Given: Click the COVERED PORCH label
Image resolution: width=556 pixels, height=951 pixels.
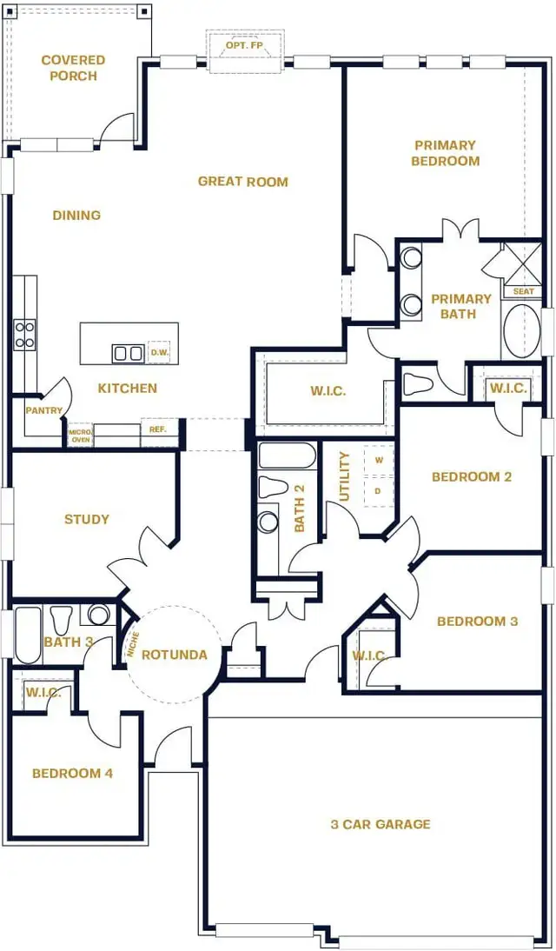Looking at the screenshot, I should [73, 68].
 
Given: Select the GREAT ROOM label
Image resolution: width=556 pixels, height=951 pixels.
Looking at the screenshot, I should [242, 182].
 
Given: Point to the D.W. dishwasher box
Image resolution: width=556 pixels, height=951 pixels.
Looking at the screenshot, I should [159, 352].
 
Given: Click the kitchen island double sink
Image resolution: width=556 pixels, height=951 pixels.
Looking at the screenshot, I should [129, 353].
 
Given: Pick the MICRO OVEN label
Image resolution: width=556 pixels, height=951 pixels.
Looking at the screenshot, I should [80, 435].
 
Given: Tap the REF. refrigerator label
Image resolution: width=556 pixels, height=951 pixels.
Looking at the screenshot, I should [157, 429].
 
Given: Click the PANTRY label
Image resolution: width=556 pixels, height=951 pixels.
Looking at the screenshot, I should [43, 410].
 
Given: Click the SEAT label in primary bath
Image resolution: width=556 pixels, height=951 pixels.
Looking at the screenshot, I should [524, 292].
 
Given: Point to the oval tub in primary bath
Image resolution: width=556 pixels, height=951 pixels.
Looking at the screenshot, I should [522, 330].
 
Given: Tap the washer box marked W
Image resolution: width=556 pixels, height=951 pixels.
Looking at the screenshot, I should [379, 460].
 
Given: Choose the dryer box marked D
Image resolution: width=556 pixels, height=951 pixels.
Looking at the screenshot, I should [378, 491].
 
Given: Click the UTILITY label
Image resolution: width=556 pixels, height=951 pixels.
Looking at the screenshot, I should [344, 476].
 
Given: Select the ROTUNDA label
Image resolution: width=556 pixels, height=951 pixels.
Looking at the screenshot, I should [175, 655].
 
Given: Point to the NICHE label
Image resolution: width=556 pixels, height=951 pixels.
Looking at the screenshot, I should [133, 645].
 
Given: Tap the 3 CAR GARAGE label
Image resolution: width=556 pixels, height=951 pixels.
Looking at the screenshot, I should [380, 824].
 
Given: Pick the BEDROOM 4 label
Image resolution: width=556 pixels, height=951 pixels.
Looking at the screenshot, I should [72, 773].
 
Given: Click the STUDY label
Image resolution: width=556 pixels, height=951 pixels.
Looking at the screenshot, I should [87, 520].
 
